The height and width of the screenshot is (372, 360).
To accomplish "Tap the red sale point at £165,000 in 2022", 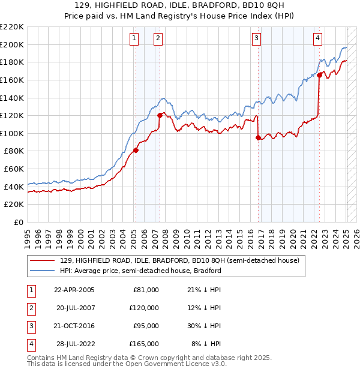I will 320,76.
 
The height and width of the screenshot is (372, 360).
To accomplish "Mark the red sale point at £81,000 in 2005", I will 136,150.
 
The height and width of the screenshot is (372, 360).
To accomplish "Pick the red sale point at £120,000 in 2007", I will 160,115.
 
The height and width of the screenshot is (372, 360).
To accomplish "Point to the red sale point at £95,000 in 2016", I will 258,137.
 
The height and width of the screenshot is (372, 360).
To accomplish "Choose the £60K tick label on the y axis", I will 14,169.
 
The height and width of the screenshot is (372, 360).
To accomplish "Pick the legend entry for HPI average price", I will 140,271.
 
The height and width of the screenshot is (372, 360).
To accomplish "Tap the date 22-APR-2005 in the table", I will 74,290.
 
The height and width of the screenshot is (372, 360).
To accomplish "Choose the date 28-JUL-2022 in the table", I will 75,344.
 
